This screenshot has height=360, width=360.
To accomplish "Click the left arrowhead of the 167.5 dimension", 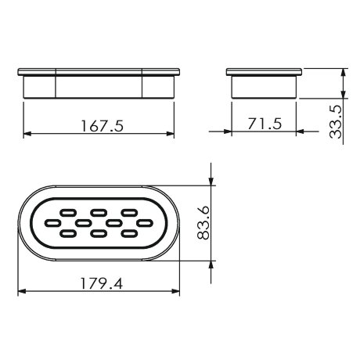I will click(x=23, y=134).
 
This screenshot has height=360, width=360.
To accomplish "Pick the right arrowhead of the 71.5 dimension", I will click(x=296, y=134).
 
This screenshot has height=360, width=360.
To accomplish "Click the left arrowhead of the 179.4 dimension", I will click(x=20, y=293).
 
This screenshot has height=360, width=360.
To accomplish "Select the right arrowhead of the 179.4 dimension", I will click(x=178, y=293).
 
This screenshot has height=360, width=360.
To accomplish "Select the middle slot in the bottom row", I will click(x=99, y=233).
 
